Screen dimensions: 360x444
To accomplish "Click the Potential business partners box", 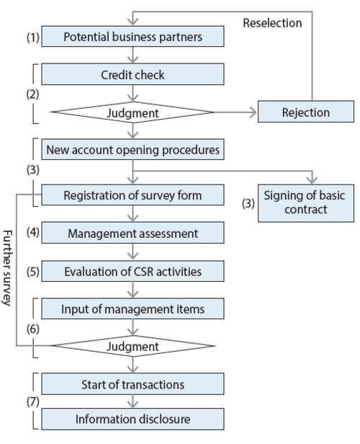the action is [132, 37].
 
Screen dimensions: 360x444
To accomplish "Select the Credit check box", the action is [132, 74].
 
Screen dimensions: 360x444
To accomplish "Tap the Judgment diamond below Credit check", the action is [132, 112].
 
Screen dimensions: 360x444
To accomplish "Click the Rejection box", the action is [306, 112].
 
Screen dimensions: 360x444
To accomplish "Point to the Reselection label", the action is [272, 23].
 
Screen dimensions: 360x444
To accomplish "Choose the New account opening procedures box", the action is [132, 149].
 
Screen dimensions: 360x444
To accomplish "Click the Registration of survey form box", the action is [132, 195].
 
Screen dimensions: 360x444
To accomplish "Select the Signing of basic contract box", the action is [306, 203].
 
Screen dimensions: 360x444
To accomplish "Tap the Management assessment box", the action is [132, 233].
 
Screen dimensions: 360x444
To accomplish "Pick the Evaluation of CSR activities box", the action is [132, 271].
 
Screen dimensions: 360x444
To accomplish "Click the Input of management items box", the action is [132, 308].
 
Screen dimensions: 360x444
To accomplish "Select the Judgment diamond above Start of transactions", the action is [133, 346].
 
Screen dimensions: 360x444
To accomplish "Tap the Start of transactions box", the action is [132, 384].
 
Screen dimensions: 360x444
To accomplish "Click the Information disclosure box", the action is [132, 419].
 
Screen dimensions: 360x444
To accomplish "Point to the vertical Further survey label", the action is [7, 268].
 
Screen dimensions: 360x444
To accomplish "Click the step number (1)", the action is [33, 37].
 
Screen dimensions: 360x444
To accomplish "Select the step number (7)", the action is [33, 401].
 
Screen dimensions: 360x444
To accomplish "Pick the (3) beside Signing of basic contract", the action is [248, 203].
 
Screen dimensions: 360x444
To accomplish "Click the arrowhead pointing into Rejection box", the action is [253, 112].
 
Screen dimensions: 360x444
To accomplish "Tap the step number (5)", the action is [33, 272].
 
